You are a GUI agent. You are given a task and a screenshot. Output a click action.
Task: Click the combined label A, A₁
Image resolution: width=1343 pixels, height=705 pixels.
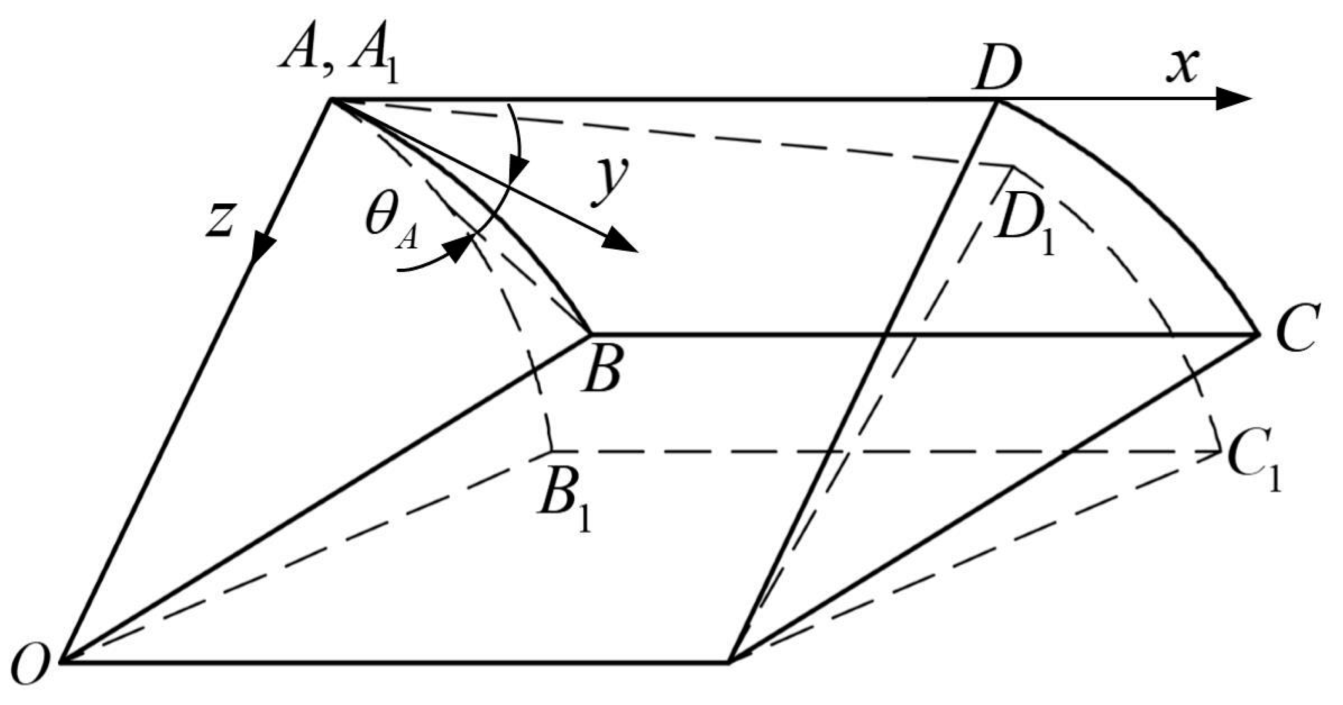click(x=339, y=63)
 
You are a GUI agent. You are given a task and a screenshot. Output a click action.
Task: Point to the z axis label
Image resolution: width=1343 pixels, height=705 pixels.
click(x=219, y=219)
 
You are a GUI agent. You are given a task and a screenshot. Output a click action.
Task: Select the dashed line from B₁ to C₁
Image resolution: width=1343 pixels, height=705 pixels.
click(x=886, y=451)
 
